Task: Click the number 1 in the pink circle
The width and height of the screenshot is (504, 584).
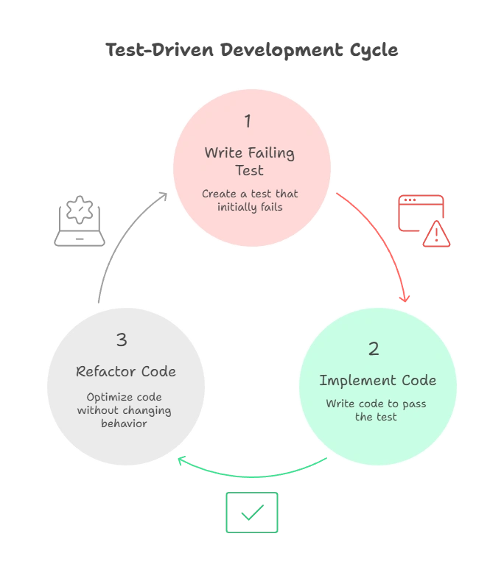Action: click(x=248, y=121)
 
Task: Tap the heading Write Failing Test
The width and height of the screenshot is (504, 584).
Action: click(x=249, y=162)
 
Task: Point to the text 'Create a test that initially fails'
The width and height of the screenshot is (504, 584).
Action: click(x=250, y=200)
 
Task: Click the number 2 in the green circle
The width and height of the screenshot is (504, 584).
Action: click(x=374, y=348)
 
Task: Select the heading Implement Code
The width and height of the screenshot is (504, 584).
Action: click(x=377, y=381)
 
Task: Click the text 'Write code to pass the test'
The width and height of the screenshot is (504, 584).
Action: click(x=376, y=410)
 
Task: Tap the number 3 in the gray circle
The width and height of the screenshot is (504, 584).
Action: click(x=122, y=340)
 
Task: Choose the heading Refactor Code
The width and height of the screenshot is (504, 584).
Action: click(x=126, y=371)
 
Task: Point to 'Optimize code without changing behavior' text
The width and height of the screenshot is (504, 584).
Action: click(x=124, y=409)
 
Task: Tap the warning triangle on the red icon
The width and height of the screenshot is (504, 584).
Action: click(x=437, y=235)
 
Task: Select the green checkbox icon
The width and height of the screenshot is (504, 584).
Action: click(x=253, y=513)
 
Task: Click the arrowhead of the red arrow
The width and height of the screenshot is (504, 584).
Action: click(x=404, y=298)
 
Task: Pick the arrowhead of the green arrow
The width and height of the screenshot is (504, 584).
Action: click(x=181, y=461)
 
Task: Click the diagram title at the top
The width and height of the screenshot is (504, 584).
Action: click(x=252, y=50)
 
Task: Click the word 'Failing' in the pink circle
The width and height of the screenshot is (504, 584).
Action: click(x=270, y=153)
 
